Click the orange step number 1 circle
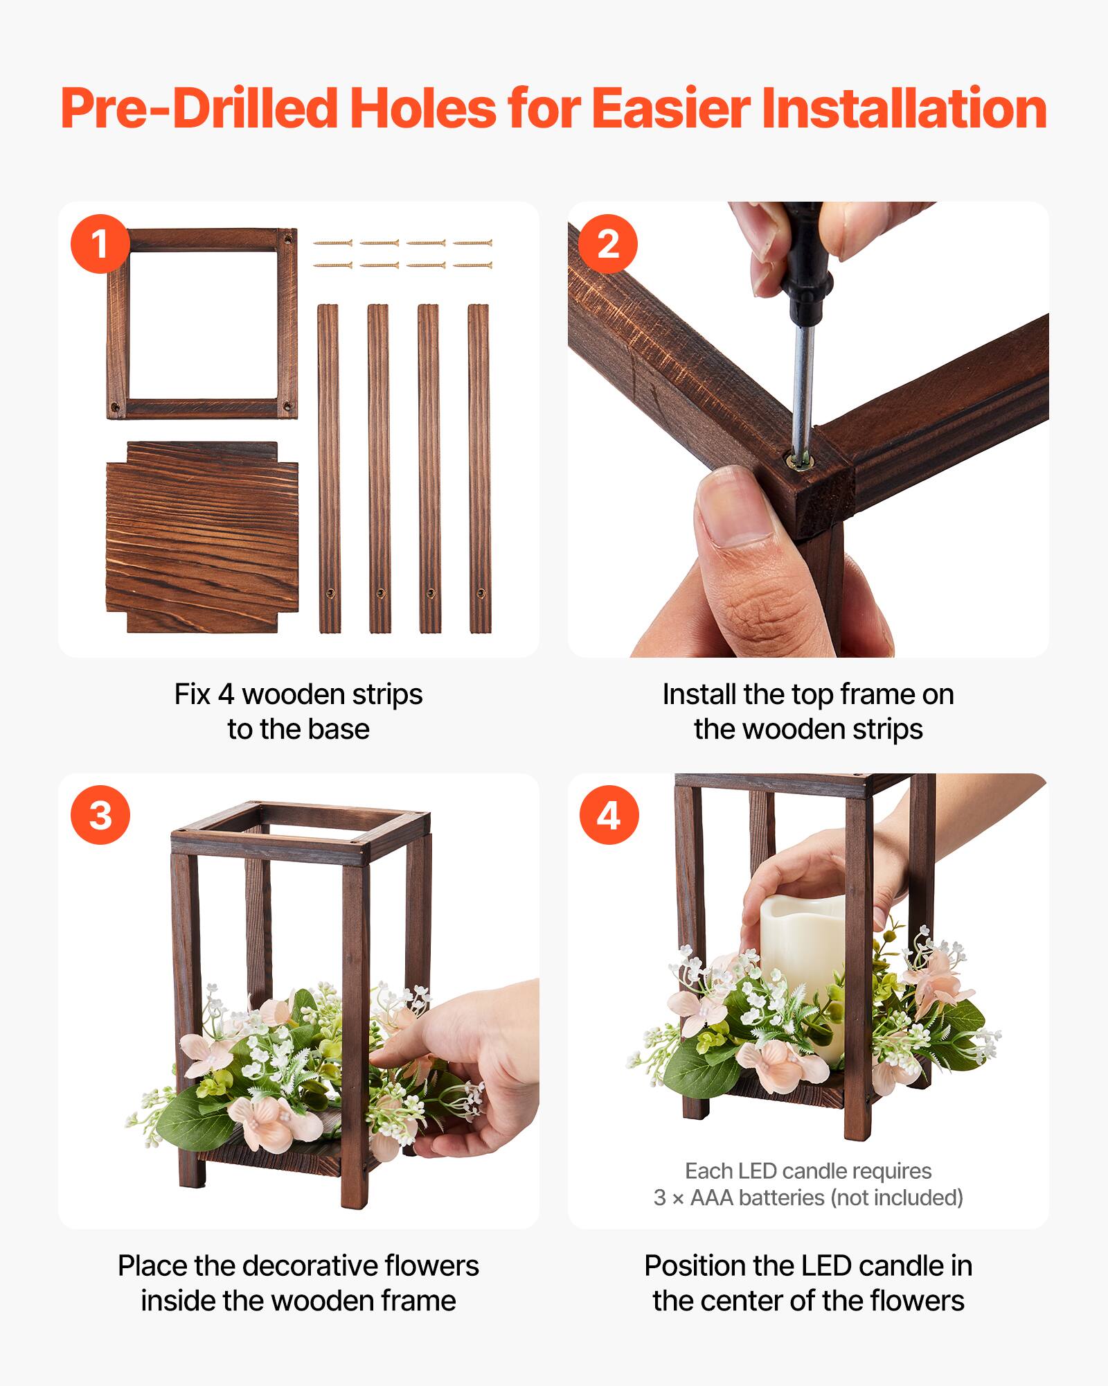pos(100,244)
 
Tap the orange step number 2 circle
pos(608,244)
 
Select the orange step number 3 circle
pos(100,815)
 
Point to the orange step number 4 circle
pos(608,815)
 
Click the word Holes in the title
pos(422,109)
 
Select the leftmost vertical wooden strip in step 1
pos(328,468)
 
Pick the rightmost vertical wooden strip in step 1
pos(479,468)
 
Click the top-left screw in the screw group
pos(333,243)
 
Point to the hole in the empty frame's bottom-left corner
pos(116,407)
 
